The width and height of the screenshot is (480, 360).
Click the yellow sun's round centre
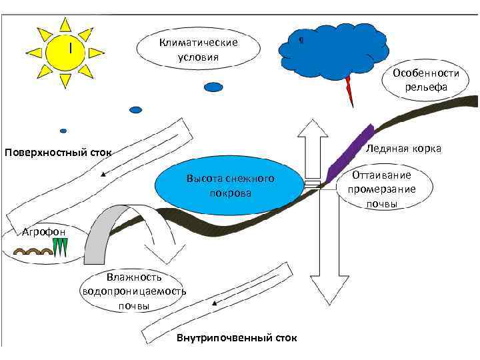coord(65,51)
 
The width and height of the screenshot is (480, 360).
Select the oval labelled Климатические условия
coord(198,49)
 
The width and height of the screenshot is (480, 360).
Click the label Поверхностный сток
coord(58,154)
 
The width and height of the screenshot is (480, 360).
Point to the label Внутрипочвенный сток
coord(237,339)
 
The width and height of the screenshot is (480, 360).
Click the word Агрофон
coord(43,231)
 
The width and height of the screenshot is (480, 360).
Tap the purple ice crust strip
coord(349,153)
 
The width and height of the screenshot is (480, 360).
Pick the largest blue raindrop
coord(213,87)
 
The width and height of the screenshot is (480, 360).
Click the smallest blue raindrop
coord(63,131)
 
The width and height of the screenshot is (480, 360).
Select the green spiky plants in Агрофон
coord(62,248)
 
